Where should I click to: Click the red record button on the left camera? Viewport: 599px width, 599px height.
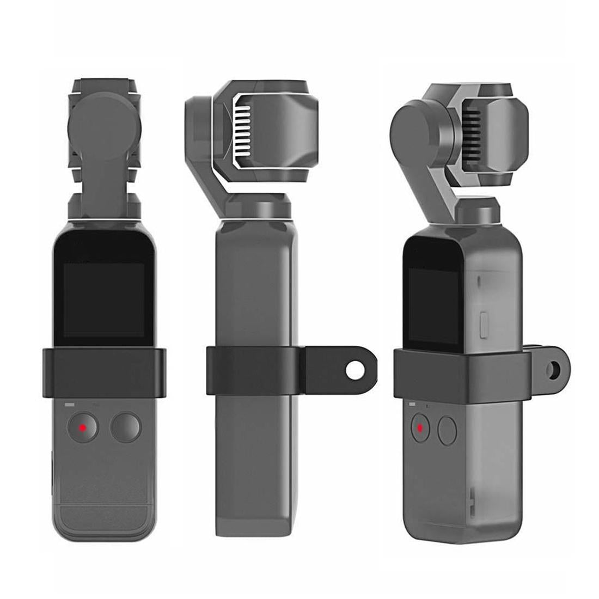(82, 427)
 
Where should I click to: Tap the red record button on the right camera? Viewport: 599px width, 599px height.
(419, 429)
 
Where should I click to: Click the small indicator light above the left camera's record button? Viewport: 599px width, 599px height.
(69, 405)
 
